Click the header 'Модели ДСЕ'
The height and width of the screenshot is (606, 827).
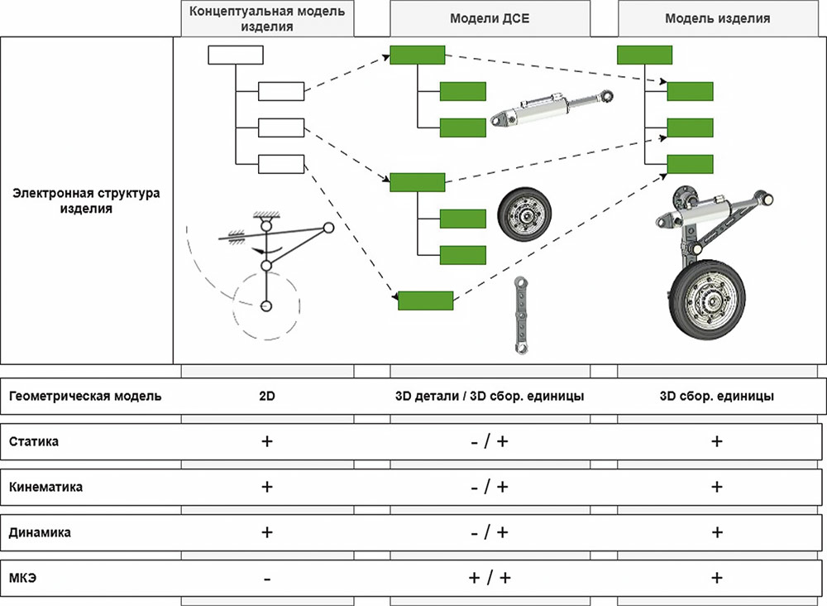click(x=490, y=18)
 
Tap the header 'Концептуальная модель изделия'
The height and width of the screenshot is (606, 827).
click(x=267, y=18)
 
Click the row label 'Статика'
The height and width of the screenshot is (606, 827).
click(x=34, y=441)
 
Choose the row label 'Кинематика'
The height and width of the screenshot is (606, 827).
click(x=46, y=488)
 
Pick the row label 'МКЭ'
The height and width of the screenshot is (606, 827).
click(x=23, y=579)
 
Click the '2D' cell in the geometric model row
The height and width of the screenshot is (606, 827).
click(x=267, y=396)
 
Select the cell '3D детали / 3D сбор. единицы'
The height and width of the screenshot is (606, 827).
click(x=490, y=396)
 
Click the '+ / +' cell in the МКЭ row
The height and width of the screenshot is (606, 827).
click(x=490, y=579)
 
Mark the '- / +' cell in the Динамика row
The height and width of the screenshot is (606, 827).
click(x=490, y=533)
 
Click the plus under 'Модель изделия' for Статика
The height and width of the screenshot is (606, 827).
click(x=717, y=441)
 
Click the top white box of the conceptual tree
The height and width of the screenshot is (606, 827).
click(x=235, y=55)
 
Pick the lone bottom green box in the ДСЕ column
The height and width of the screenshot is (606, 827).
click(x=425, y=301)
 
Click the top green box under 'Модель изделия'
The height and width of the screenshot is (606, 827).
click(x=644, y=55)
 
